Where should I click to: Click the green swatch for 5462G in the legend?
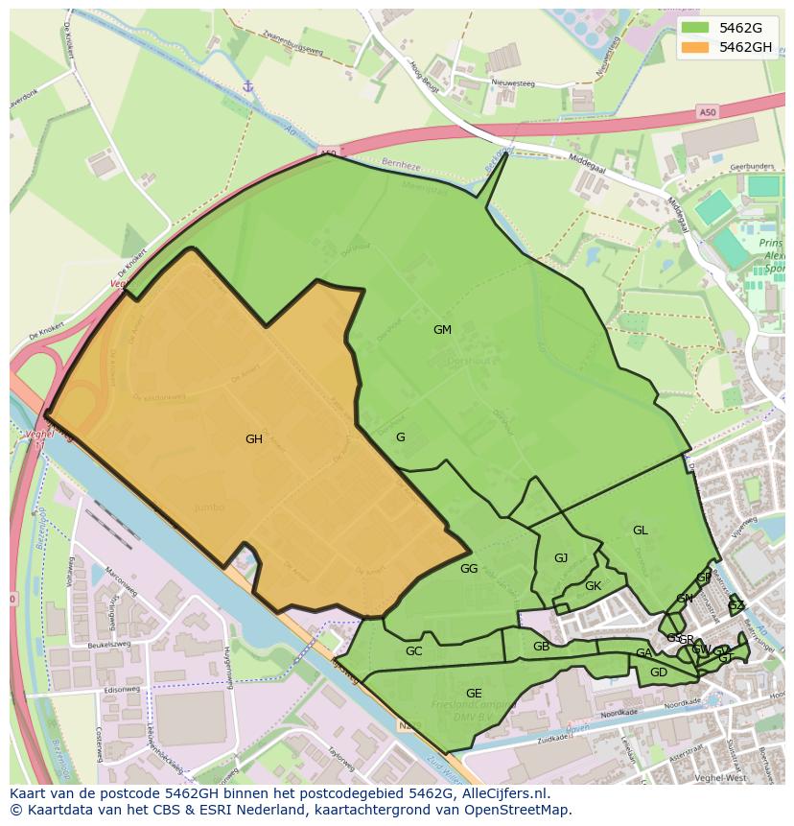[696, 28]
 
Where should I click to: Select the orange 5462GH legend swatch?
[696, 47]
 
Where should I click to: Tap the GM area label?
[442, 330]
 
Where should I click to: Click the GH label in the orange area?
[253, 439]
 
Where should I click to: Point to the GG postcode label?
[469, 569]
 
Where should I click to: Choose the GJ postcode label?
[561, 558]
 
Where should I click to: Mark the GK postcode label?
[593, 586]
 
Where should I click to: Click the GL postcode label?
[640, 531]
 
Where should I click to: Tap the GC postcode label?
[413, 651]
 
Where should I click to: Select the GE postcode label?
[474, 694]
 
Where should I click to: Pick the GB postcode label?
[542, 647]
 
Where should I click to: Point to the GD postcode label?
[658, 673]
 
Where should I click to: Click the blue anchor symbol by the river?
[247, 86]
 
